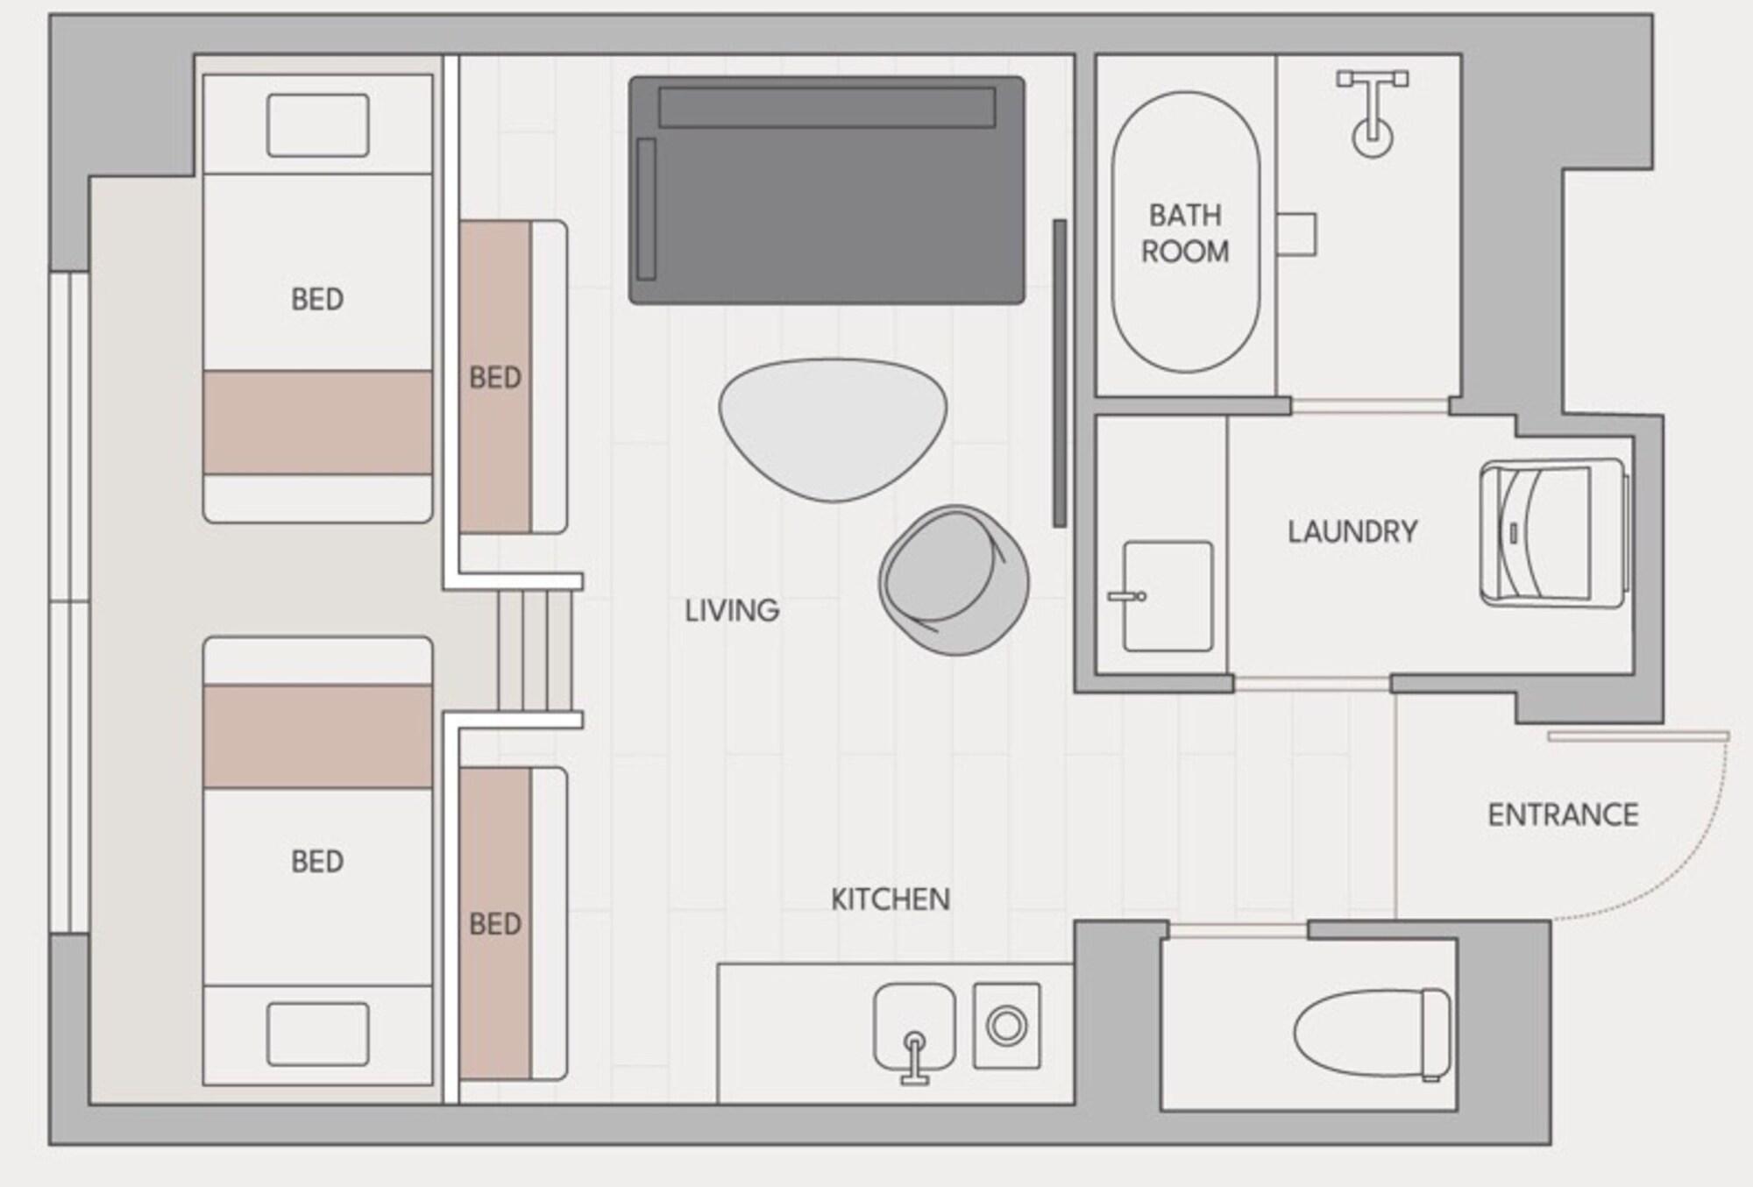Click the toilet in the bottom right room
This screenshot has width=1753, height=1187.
[x=1372, y=1034]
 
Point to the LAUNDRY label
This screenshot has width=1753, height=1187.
[x=1352, y=531]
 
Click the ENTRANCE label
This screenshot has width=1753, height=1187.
[x=1563, y=814]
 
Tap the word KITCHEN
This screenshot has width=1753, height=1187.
[x=890, y=899]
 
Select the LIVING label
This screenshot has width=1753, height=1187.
[x=732, y=610]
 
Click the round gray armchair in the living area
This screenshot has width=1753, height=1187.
[x=954, y=579]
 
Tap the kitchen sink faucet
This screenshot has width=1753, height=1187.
[x=914, y=1056]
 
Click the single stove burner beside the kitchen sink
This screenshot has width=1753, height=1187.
[x=1007, y=1025]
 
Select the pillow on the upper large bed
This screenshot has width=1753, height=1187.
[x=317, y=125]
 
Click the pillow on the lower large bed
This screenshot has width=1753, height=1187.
[x=317, y=1034]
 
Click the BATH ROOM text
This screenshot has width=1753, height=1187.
[x=1185, y=233]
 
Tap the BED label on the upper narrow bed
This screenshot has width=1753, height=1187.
[x=495, y=378]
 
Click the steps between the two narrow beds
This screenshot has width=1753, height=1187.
[x=535, y=650]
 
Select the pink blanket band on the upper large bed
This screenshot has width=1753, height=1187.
[x=317, y=423]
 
